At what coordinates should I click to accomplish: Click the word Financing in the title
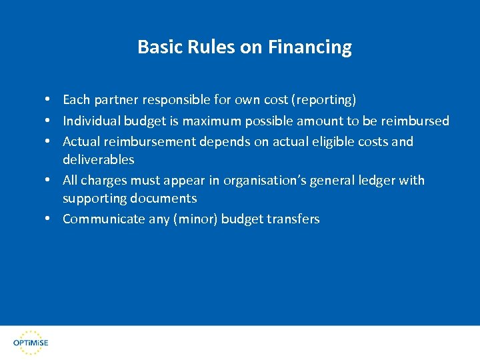click(x=310, y=47)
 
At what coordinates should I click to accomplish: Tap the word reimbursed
click(x=415, y=121)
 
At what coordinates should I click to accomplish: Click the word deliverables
click(x=98, y=159)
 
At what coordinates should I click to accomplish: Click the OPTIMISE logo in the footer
click(x=31, y=341)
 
